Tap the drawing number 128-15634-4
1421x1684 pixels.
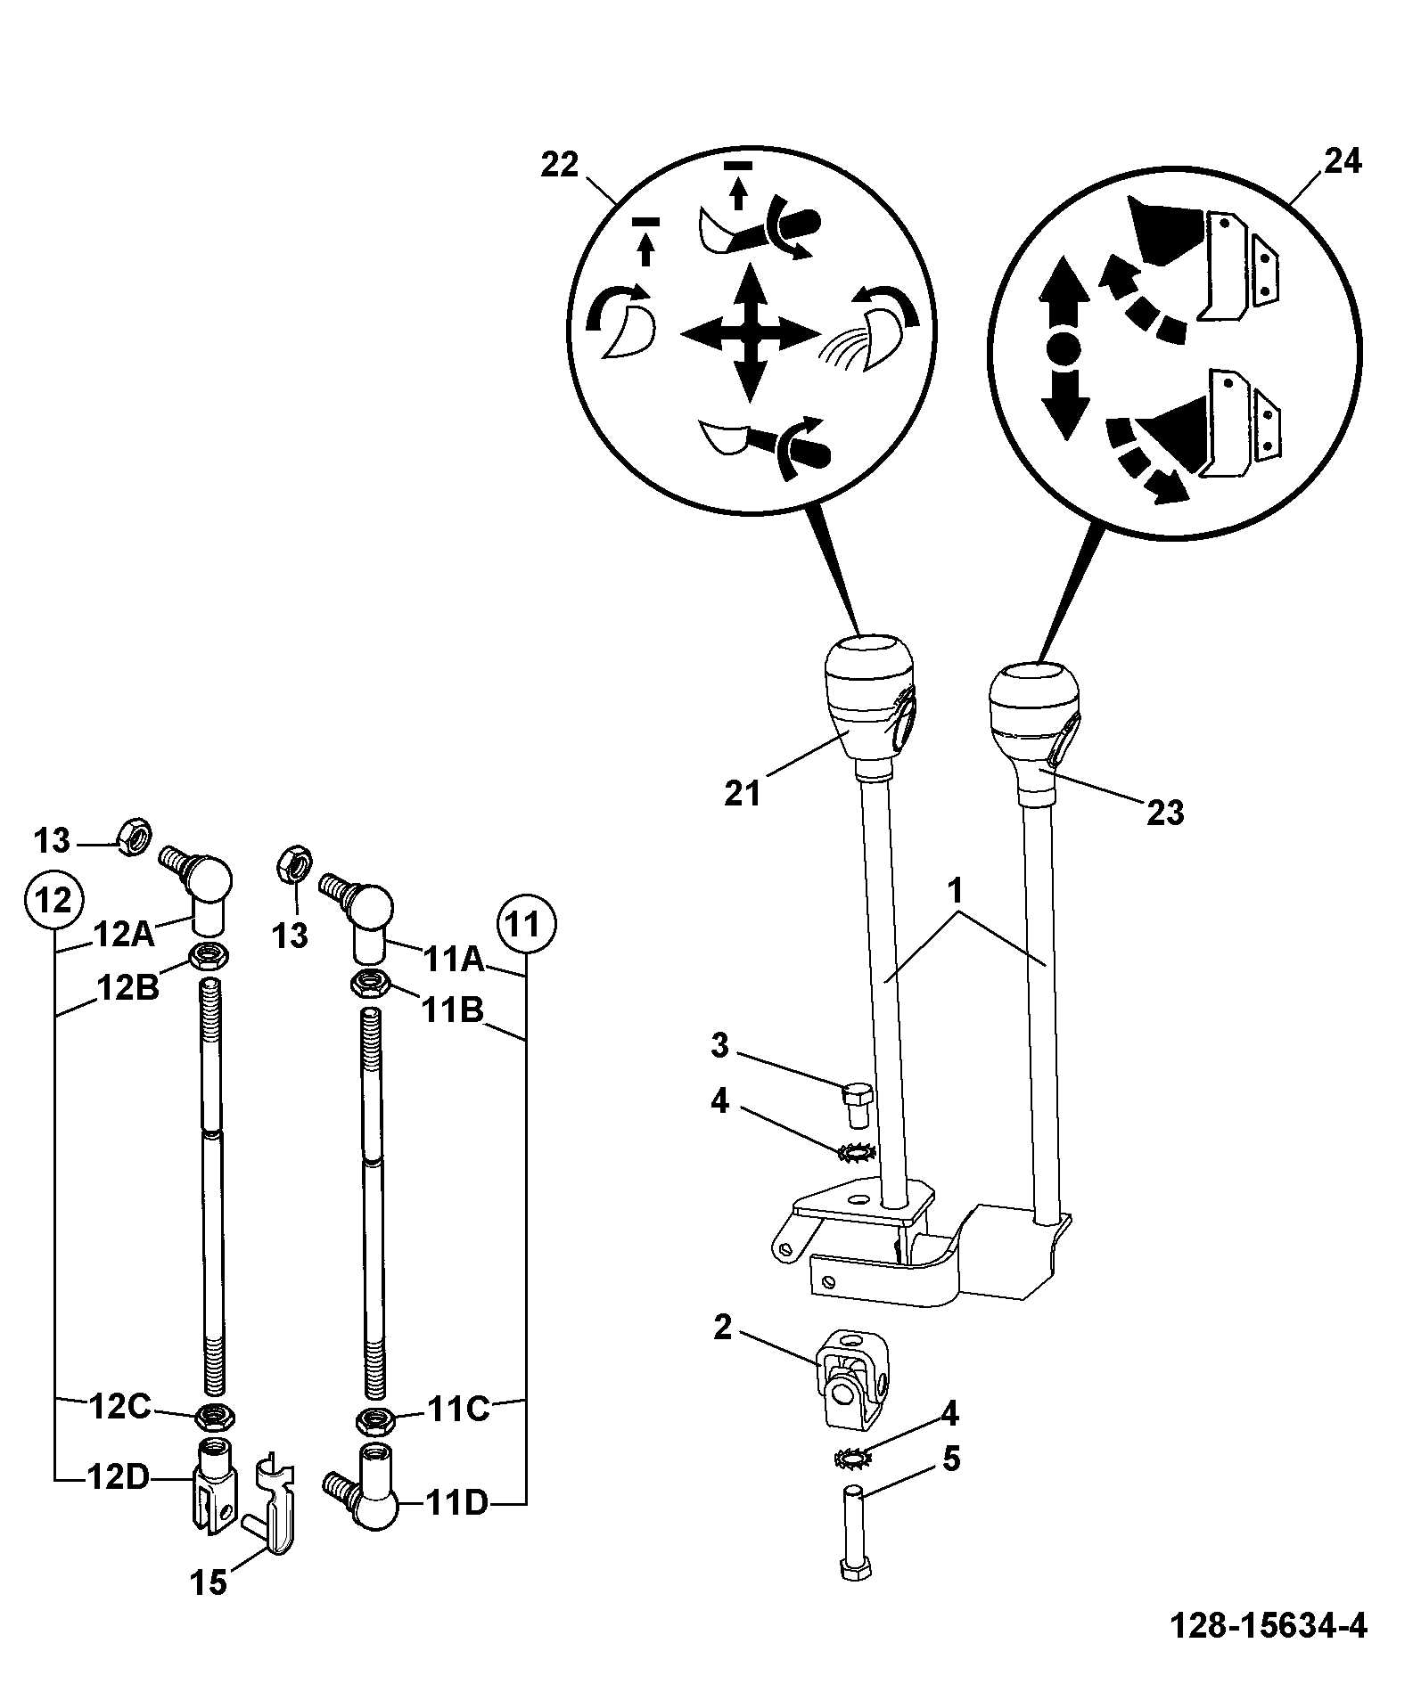[1267, 1624]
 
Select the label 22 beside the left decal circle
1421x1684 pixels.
[560, 165]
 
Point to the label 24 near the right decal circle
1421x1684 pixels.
[1343, 161]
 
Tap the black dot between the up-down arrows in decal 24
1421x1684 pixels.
[1063, 347]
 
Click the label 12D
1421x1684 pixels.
[118, 1476]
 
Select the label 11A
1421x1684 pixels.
[453, 960]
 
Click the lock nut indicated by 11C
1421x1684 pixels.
[375, 1419]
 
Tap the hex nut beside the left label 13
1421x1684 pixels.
[136, 835]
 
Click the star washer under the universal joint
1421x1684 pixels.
[854, 1459]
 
